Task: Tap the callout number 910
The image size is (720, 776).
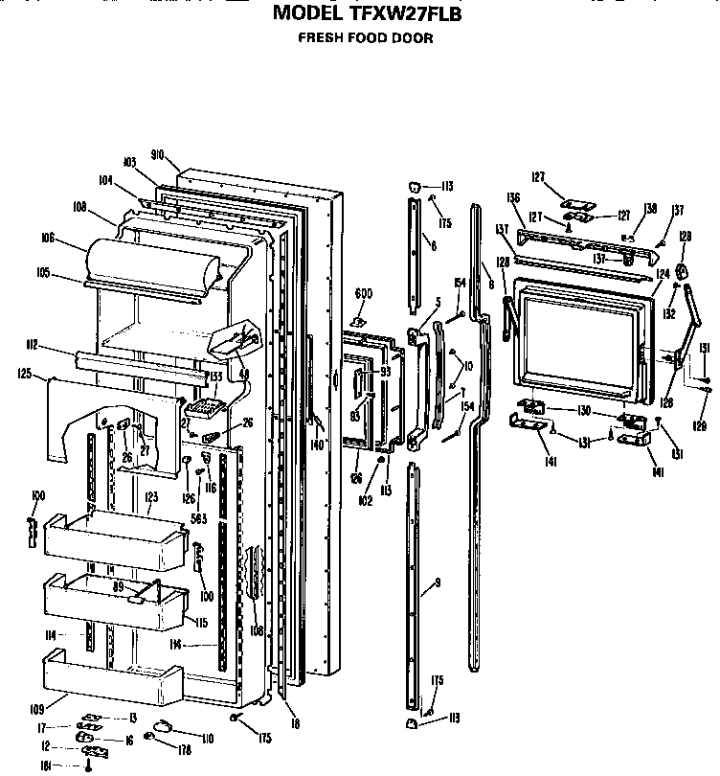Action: click(159, 154)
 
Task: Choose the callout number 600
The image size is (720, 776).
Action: click(364, 293)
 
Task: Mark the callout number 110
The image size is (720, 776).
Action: click(207, 738)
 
